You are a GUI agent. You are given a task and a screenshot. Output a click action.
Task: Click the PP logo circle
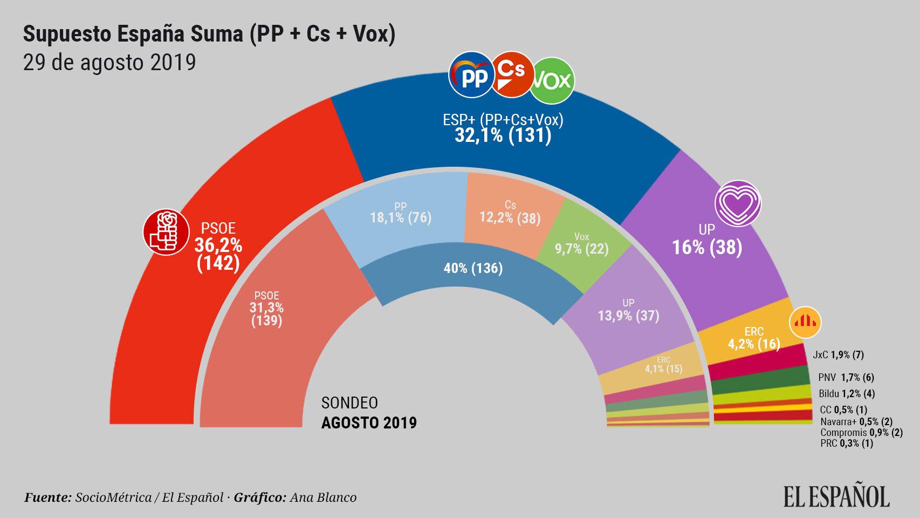471,78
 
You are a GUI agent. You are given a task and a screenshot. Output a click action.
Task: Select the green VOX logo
552,81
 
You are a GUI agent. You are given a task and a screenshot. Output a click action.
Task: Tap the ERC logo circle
805,322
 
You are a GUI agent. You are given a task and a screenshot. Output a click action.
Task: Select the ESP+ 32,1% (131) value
503,135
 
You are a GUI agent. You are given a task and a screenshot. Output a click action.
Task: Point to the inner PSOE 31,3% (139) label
266,308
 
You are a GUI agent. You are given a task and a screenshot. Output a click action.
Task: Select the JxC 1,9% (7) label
838,355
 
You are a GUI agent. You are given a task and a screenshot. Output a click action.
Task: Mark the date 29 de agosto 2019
109,63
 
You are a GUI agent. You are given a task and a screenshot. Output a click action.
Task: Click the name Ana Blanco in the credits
323,497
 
